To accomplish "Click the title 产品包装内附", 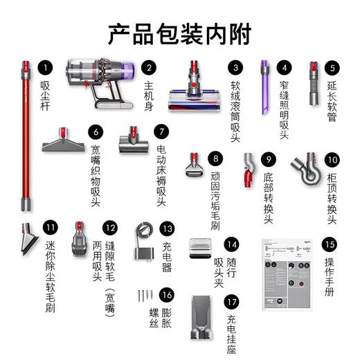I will pyautogui.click(x=180, y=33).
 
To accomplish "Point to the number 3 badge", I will pyautogui.click(x=236, y=68).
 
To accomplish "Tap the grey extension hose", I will pyautogui.click(x=315, y=83).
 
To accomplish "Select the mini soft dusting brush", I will pyautogui.click(x=32, y=238).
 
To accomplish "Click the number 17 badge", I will pyautogui.click(x=230, y=302).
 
